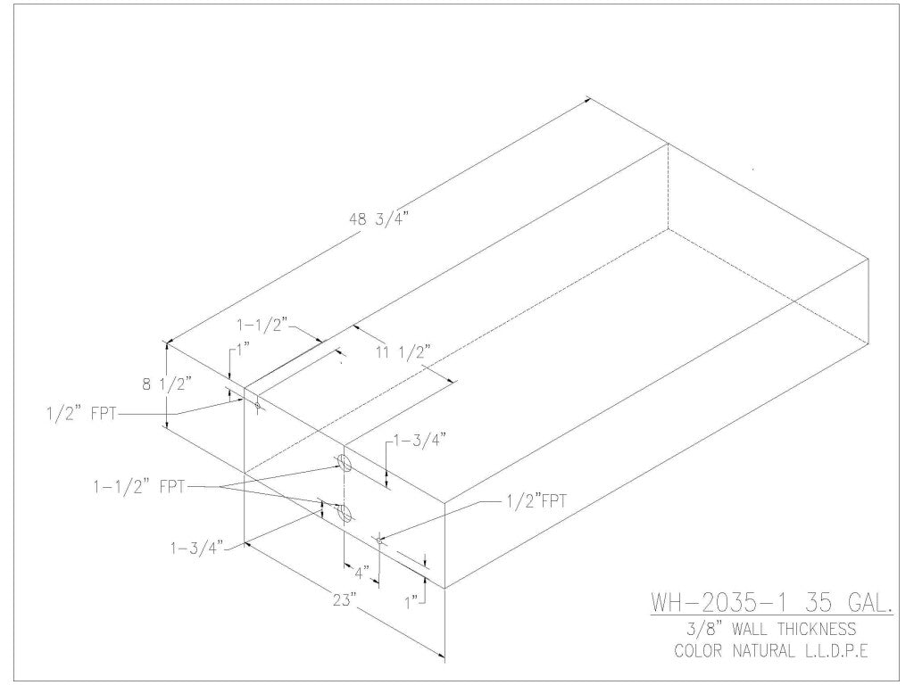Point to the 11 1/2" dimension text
[x=403, y=352]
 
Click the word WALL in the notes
[x=744, y=629]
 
